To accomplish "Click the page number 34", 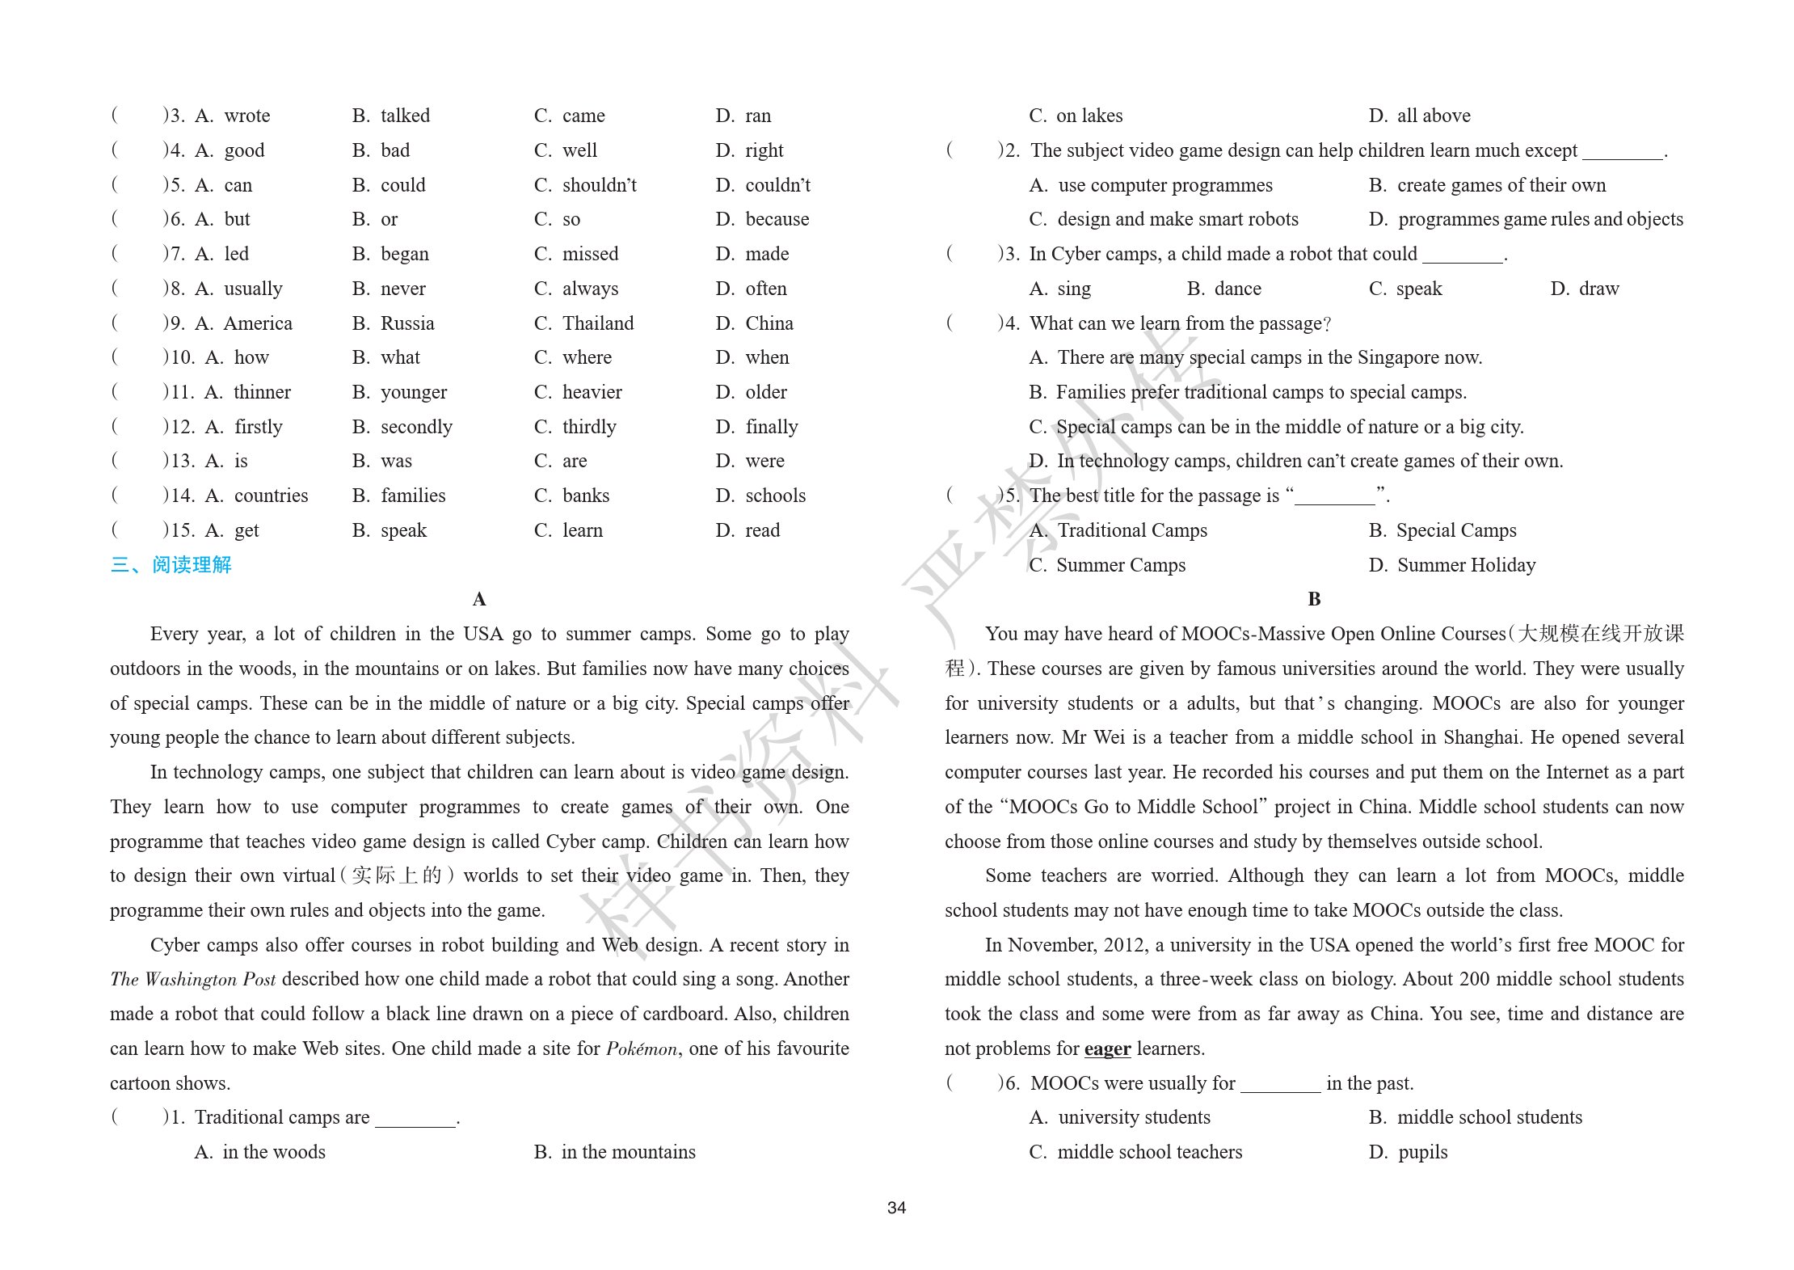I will coord(896,1208).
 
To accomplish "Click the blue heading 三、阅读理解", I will coord(171,564).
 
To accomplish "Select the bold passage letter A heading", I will coord(479,599).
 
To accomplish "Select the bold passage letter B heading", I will coord(1314,599).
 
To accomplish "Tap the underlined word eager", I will coord(1107,1048).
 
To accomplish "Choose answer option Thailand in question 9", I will coord(597,323).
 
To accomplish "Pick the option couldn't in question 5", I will coord(777,185).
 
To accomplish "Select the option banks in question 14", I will coord(585,496).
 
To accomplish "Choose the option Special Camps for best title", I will coord(1455,530).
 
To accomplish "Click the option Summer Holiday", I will coord(1465,565).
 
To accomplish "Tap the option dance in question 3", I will coord(1236,289).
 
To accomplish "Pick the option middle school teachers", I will coord(1149,1152).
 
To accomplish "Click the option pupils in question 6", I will coord(1422,1152).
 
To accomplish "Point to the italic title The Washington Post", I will coord(193,980).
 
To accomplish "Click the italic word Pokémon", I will coord(642,1048).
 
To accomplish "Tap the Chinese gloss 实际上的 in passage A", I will coord(396,875).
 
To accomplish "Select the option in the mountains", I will coord(628,1152).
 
